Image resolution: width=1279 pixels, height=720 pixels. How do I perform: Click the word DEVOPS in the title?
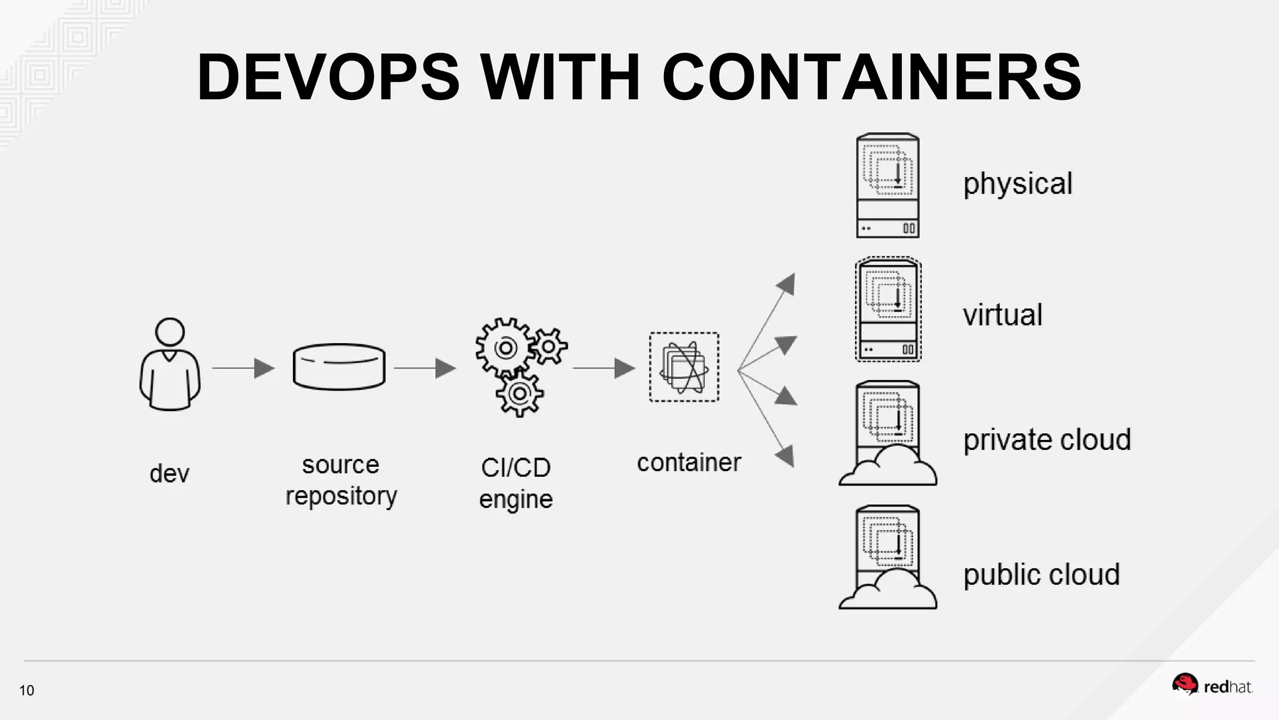tap(328, 77)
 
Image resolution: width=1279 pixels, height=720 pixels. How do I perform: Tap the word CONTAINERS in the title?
tap(871, 77)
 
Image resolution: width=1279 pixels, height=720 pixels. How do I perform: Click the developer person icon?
tap(170, 365)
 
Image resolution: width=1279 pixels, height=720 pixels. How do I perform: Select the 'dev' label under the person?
tap(169, 474)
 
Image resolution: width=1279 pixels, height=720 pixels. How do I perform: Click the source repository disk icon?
tap(339, 367)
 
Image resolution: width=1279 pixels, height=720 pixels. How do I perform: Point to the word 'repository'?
tap(341, 496)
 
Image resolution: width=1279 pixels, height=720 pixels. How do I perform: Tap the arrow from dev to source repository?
tap(244, 368)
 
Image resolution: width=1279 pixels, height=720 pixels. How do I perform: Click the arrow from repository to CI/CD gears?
tap(425, 368)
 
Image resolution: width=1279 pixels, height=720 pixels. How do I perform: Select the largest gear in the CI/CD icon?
tap(505, 347)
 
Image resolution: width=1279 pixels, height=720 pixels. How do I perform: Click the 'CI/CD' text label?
tap(516, 467)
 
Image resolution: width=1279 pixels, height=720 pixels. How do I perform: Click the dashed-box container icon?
tap(684, 367)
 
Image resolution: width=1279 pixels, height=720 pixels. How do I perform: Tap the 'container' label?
tap(689, 463)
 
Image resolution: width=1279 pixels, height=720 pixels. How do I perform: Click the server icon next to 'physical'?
tap(887, 186)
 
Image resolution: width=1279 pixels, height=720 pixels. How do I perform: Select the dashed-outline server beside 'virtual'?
tap(887, 309)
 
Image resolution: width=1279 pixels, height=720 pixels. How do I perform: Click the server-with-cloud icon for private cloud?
tap(887, 434)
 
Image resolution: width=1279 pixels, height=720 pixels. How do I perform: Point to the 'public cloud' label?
tap(1041, 575)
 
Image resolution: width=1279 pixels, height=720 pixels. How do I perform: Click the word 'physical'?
tap(1017, 184)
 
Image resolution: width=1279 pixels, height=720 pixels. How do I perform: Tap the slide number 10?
tap(27, 691)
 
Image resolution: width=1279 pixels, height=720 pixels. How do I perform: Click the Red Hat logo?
tap(1212, 686)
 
